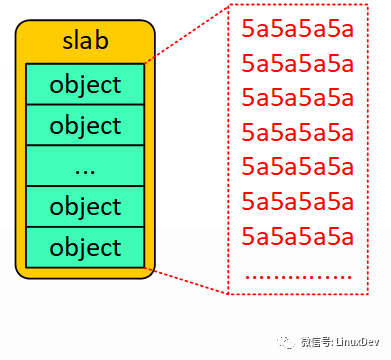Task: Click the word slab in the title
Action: click(x=85, y=42)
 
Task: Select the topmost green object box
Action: click(x=85, y=84)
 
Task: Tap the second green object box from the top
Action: click(x=85, y=125)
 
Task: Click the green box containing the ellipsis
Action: click(x=85, y=166)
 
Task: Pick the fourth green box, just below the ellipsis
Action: click(x=85, y=207)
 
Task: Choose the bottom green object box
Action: click(x=85, y=247)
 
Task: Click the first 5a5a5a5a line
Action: click(x=298, y=29)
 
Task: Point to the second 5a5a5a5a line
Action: click(x=298, y=64)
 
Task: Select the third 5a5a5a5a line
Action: click(x=298, y=98)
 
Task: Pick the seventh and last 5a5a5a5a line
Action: click(x=298, y=237)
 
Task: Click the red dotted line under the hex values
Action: click(x=298, y=274)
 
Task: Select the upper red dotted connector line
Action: click(x=188, y=35)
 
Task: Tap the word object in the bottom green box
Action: click(x=85, y=247)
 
